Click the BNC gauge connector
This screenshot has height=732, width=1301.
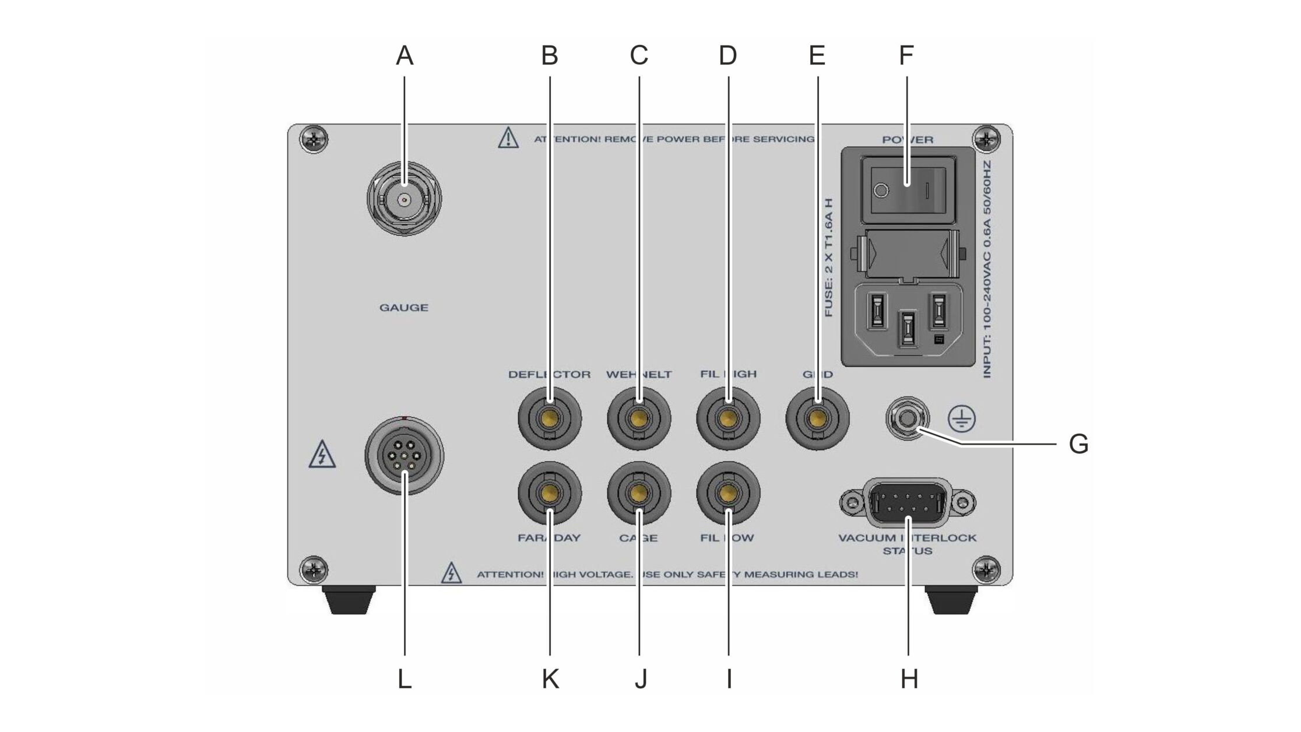point(404,199)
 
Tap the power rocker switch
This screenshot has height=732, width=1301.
point(908,190)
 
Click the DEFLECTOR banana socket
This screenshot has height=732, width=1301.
point(550,418)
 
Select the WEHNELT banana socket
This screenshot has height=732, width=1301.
point(639,418)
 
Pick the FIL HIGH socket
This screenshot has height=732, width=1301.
point(728,418)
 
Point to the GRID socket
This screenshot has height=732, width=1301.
point(817,418)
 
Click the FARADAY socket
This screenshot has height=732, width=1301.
point(550,494)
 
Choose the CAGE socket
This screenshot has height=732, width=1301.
point(639,494)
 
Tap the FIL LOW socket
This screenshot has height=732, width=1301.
point(728,494)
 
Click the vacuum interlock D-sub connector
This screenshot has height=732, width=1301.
point(908,502)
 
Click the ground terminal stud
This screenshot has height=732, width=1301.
point(908,418)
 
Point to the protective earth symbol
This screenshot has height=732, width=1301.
point(961,419)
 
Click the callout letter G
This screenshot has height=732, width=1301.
point(1078,444)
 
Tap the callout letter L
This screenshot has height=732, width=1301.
point(405,679)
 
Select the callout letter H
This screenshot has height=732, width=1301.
point(909,679)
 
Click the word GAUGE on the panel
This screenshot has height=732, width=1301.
point(404,308)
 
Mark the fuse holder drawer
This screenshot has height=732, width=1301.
point(908,254)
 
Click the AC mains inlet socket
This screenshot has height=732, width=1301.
point(908,319)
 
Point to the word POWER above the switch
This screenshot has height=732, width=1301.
point(908,140)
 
